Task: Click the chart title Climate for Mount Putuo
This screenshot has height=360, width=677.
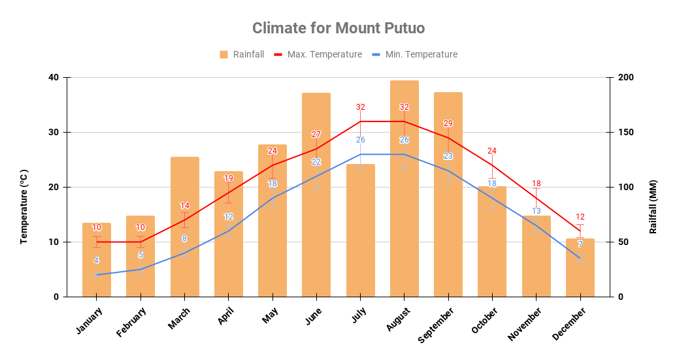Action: click(338, 28)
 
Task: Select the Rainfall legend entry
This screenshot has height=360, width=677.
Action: click(242, 54)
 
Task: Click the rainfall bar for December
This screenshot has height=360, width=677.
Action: click(580, 267)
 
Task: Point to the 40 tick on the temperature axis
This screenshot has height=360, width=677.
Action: click(53, 78)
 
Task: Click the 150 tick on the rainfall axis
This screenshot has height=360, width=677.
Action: click(626, 133)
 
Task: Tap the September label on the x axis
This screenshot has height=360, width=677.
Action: click(437, 325)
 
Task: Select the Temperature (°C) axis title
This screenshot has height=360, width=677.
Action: click(24, 206)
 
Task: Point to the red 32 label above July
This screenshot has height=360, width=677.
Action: click(360, 107)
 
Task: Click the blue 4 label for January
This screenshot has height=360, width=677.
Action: click(97, 261)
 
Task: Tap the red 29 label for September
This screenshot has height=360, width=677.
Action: click(448, 123)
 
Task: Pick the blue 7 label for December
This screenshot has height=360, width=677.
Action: click(580, 244)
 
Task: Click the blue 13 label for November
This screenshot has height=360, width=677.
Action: click(537, 211)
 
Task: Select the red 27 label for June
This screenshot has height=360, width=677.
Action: click(316, 135)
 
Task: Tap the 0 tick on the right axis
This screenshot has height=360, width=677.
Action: click(620, 297)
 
